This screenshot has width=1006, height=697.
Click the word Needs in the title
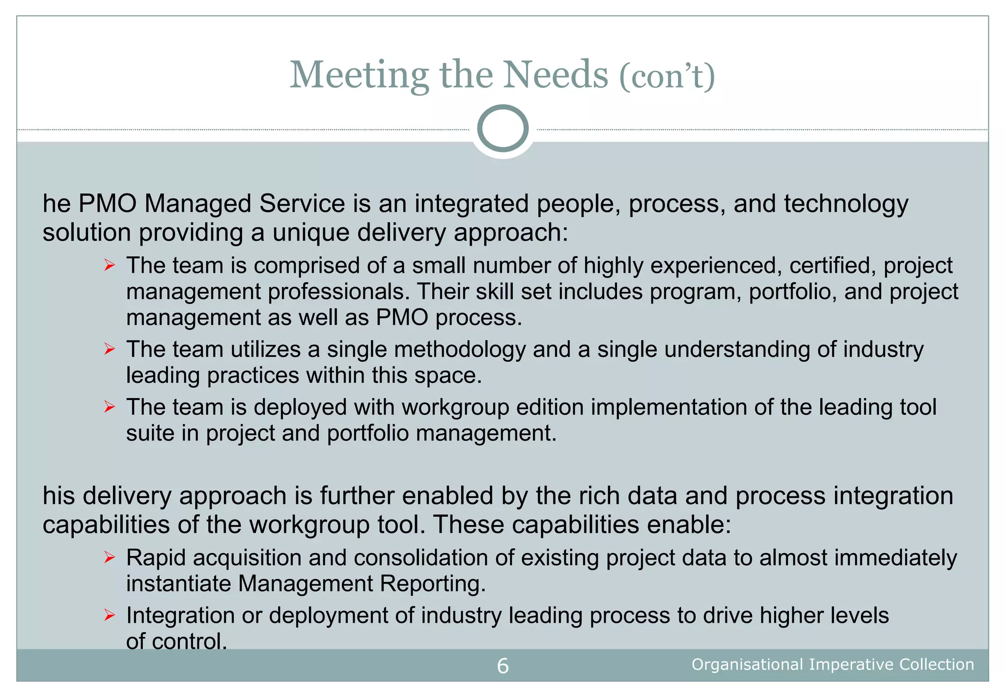point(556,75)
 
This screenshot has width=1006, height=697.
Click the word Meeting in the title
point(359,76)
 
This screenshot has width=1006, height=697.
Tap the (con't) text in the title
point(667,76)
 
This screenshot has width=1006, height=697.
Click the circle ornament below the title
point(503,128)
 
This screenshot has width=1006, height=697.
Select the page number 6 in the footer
point(503,666)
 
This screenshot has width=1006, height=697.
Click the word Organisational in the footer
point(747,665)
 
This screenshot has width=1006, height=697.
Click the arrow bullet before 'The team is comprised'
point(109,266)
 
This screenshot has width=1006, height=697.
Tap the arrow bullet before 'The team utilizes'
point(109,349)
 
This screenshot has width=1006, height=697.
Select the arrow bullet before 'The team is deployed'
point(109,407)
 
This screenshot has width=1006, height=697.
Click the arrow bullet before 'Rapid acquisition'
point(109,558)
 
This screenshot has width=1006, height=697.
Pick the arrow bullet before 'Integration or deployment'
point(109,615)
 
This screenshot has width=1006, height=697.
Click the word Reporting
point(433,584)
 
